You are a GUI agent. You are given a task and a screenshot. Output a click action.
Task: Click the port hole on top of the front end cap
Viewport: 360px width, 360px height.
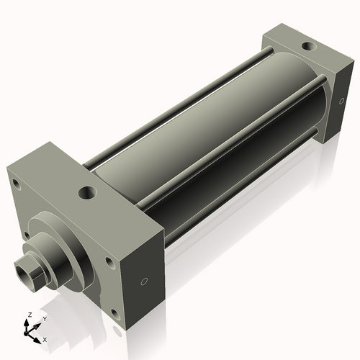coord(88,193)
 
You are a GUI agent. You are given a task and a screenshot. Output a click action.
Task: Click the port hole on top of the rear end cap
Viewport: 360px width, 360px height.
coord(308,47)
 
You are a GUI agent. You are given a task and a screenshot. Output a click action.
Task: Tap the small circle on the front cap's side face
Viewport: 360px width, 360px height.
coord(144,281)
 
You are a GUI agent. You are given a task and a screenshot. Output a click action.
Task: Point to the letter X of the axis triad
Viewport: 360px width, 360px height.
coord(45,338)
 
